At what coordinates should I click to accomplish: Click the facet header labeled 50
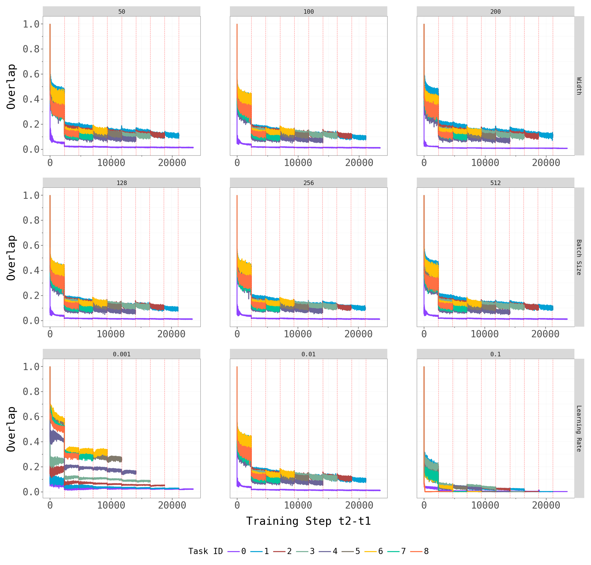click(x=121, y=11)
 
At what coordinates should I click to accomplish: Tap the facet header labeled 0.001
click(x=121, y=354)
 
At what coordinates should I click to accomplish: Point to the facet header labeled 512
click(x=495, y=183)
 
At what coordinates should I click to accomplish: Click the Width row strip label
click(x=579, y=86)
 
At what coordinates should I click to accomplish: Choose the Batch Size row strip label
click(x=579, y=257)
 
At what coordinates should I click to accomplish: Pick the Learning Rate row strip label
click(x=579, y=428)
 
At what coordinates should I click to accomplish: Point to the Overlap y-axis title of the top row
click(x=11, y=86)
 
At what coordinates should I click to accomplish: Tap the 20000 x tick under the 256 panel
click(x=358, y=334)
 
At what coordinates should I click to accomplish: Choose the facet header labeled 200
click(x=495, y=11)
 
